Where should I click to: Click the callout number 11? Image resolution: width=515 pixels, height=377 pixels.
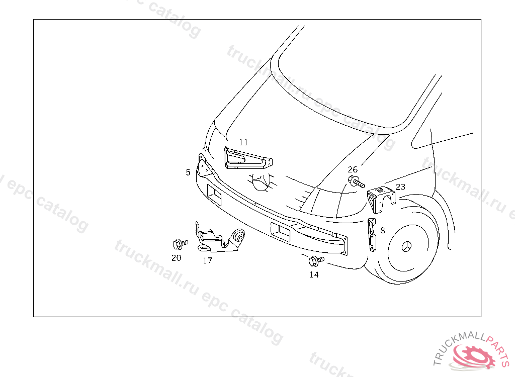(243, 142)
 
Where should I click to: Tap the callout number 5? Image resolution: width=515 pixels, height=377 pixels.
(188, 172)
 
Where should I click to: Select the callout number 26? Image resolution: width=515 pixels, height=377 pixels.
(353, 169)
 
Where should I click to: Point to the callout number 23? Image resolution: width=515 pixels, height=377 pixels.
(400, 187)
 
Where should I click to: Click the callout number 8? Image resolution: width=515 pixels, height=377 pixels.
(383, 231)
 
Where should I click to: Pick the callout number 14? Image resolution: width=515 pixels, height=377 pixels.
(314, 274)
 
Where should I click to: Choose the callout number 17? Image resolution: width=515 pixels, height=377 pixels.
(208, 260)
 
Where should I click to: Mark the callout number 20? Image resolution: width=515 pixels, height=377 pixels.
(177, 258)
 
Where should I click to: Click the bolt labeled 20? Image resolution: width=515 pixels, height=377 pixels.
(180, 244)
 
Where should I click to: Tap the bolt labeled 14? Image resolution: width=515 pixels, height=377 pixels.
(316, 261)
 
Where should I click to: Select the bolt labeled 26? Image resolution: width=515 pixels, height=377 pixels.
(356, 181)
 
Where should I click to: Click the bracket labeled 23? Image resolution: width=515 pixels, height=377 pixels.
(380, 199)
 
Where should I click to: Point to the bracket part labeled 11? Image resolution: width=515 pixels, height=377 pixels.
(248, 158)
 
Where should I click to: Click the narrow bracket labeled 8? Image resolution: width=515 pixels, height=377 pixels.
(372, 235)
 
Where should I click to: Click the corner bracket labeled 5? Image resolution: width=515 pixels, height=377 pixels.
(206, 166)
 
